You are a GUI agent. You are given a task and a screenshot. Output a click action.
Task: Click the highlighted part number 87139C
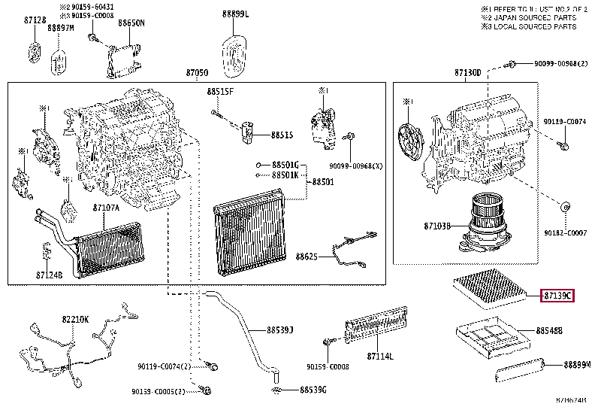pos(557,296)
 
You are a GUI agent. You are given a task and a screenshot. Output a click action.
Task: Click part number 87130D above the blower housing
pos(467,73)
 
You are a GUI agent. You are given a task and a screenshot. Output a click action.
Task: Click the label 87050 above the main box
pos(197,73)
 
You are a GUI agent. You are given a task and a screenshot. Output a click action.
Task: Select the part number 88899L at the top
pos(235,14)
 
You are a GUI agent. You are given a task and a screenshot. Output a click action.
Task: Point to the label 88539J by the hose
pos(279,329)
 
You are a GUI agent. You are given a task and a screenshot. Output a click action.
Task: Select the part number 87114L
pos(380,355)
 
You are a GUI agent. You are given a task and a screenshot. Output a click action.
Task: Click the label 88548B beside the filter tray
pos(549,330)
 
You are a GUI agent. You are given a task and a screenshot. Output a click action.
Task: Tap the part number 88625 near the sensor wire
pos(306,257)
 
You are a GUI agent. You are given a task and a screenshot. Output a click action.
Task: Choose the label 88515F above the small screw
pos(221,92)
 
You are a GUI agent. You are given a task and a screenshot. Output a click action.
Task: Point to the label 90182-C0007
pos(565,232)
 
